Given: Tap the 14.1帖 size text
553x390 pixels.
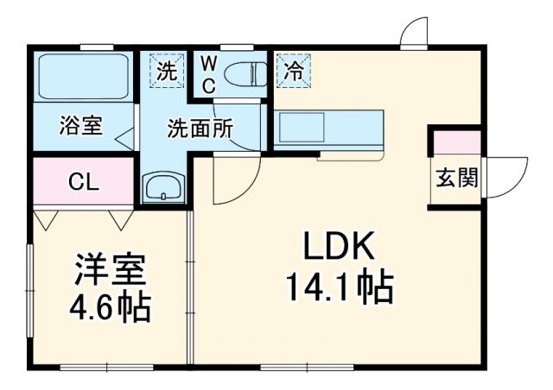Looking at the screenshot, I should (x=339, y=286).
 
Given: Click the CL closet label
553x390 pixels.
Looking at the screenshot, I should (x=84, y=182).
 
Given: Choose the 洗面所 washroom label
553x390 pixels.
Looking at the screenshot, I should (x=200, y=129).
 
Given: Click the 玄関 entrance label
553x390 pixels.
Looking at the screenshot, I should (x=456, y=179).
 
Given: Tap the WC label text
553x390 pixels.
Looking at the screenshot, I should (x=210, y=75).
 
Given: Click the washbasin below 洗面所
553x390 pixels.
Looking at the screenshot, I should (x=162, y=186).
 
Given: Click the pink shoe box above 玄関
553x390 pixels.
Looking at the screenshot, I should (x=456, y=141).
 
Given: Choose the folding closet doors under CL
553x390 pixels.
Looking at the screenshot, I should (x=84, y=217).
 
